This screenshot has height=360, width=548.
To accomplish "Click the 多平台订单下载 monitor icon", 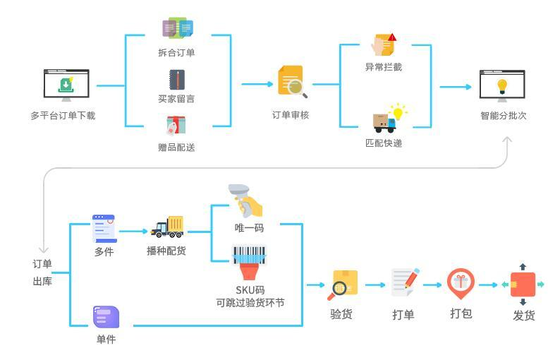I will click(66, 85).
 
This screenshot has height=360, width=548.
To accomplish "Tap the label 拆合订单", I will click(176, 53).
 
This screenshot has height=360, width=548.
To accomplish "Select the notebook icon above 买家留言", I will click(176, 78).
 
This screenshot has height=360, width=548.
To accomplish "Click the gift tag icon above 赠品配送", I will click(176, 125).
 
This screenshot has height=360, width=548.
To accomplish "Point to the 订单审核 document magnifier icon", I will click(292, 82).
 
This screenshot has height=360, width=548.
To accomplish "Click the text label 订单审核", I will click(291, 114).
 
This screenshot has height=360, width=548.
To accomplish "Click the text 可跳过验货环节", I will click(250, 304).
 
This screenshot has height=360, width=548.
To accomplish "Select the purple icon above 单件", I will click(106, 317).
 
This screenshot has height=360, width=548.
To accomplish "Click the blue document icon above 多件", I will click(104, 228).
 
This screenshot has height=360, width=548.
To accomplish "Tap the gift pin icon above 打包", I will click(461, 283).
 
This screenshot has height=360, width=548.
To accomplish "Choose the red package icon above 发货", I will click(523, 284).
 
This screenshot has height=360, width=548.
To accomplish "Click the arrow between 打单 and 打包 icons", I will click(432, 284).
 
